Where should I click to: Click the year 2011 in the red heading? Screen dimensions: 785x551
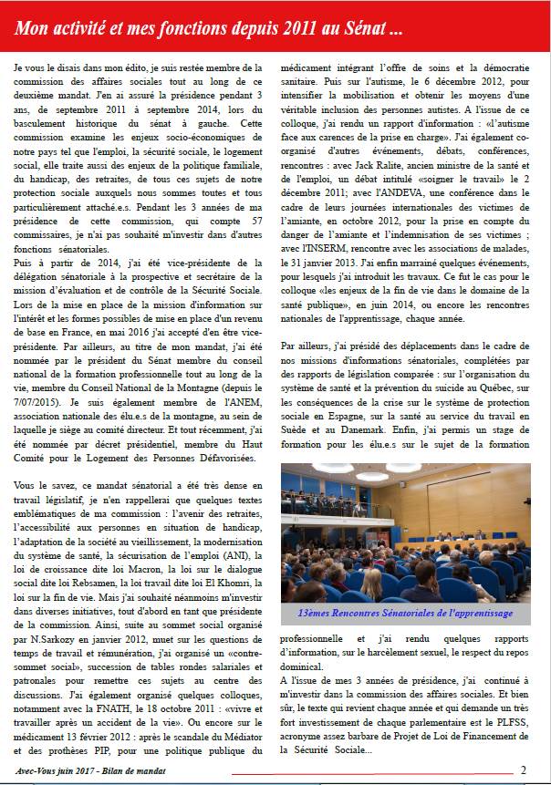coord(300,28)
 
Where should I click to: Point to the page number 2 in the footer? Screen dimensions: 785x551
coord(523,769)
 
